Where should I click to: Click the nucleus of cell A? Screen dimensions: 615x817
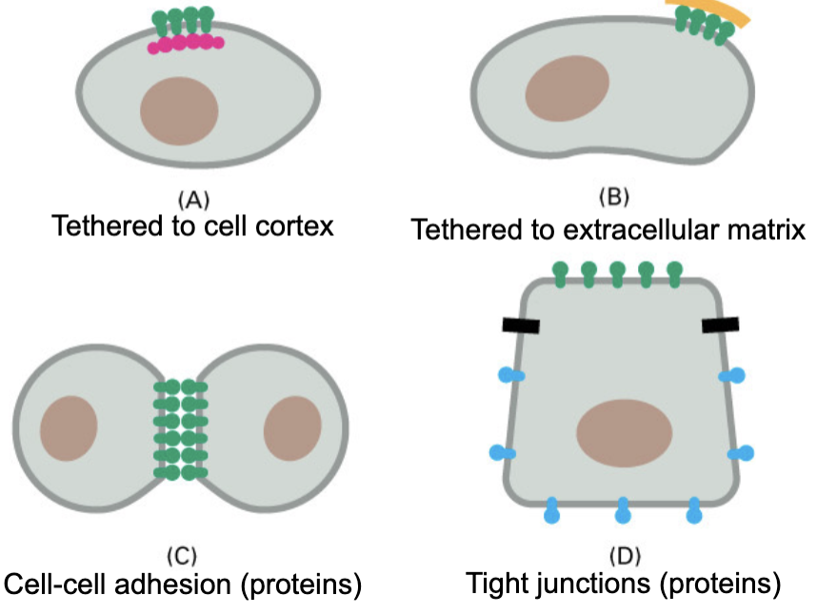click(x=180, y=110)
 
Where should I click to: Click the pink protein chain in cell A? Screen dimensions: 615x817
click(x=185, y=43)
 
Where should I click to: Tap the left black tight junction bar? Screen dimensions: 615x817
click(x=521, y=326)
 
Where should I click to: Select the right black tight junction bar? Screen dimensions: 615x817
click(x=721, y=326)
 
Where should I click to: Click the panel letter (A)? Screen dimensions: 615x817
click(x=193, y=199)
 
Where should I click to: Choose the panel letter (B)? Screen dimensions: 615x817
click(x=613, y=198)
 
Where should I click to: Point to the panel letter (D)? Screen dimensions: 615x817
click(x=623, y=554)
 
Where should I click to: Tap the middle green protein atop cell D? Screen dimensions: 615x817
click(x=617, y=272)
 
